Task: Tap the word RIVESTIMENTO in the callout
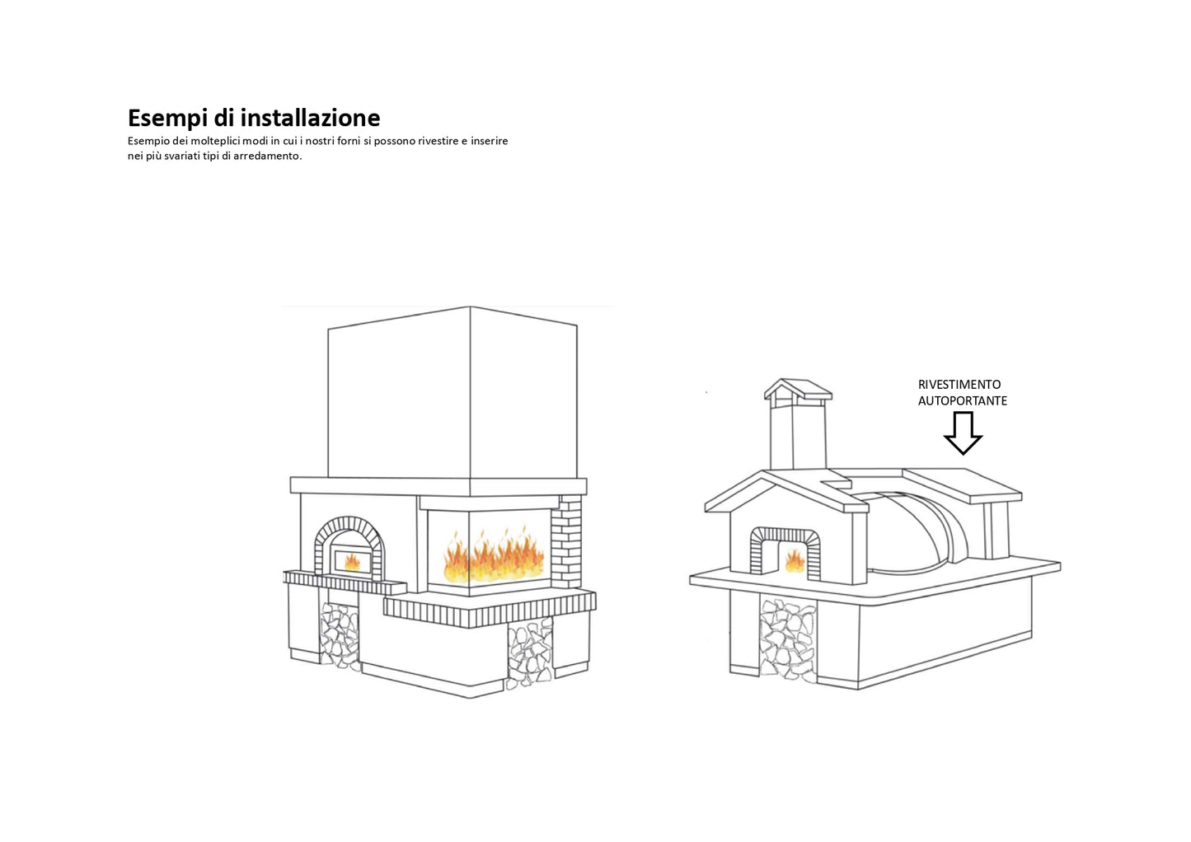point(959,385)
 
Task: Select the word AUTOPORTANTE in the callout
point(963,401)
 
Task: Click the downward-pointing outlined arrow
point(963,433)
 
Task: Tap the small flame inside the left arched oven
point(352,562)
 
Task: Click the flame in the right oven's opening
point(795,560)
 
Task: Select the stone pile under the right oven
point(787,639)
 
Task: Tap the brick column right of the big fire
point(566,540)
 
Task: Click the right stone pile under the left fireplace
point(529,651)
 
